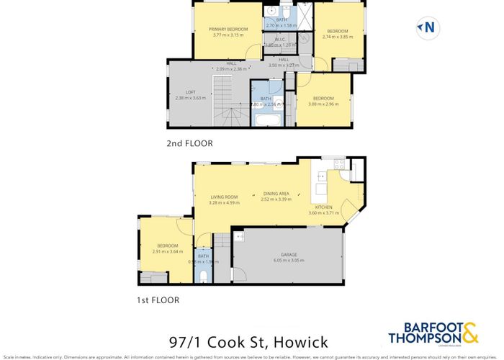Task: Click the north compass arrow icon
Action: coord(427,28)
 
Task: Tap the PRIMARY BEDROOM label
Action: coord(228,29)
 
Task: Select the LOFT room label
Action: coord(190,91)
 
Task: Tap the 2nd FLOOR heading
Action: coord(189,143)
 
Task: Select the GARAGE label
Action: coord(289,255)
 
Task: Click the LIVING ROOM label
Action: coord(224,197)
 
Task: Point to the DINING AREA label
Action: coord(276,194)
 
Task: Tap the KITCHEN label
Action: coord(323,207)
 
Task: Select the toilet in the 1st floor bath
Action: coord(204,276)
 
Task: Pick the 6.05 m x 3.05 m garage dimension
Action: coord(289,261)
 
